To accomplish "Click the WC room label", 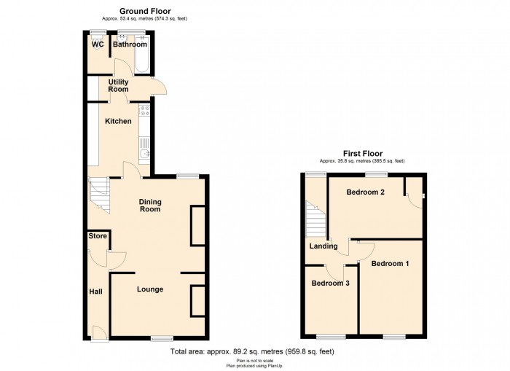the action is pyautogui.click(x=98, y=44).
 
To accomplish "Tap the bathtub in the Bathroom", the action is pyautogui.click(x=142, y=55).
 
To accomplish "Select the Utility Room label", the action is pyautogui.click(x=118, y=85).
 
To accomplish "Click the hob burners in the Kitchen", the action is pyautogui.click(x=144, y=110).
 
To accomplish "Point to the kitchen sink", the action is pyautogui.click(x=144, y=154).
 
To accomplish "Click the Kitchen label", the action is pyautogui.click(x=118, y=122).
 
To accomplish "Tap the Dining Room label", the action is pyautogui.click(x=150, y=206).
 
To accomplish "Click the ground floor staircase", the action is pyautogui.click(x=99, y=195).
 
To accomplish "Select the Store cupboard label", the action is pyautogui.click(x=98, y=236).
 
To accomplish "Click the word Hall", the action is pyautogui.click(x=96, y=292).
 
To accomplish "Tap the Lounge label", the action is pyautogui.click(x=150, y=289).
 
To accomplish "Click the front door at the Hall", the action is pyautogui.click(x=100, y=335).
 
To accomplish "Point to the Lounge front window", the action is pyautogui.click(x=162, y=338).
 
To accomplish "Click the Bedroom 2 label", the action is pyautogui.click(x=365, y=192).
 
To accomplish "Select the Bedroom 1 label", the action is pyautogui.click(x=390, y=264).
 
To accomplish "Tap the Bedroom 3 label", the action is pyautogui.click(x=331, y=284).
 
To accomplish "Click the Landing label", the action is pyautogui.click(x=323, y=246).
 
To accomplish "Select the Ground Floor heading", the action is pyautogui.click(x=145, y=12).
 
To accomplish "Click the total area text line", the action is pyautogui.click(x=252, y=351).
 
